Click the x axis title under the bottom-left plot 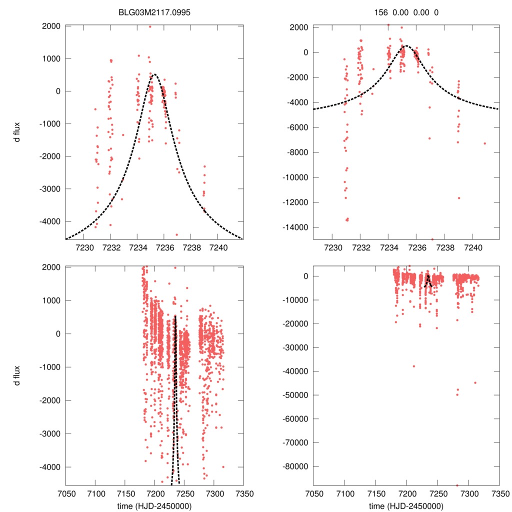pyautogui.click(x=154, y=505)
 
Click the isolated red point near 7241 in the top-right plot pyautogui.click(x=484, y=143)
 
